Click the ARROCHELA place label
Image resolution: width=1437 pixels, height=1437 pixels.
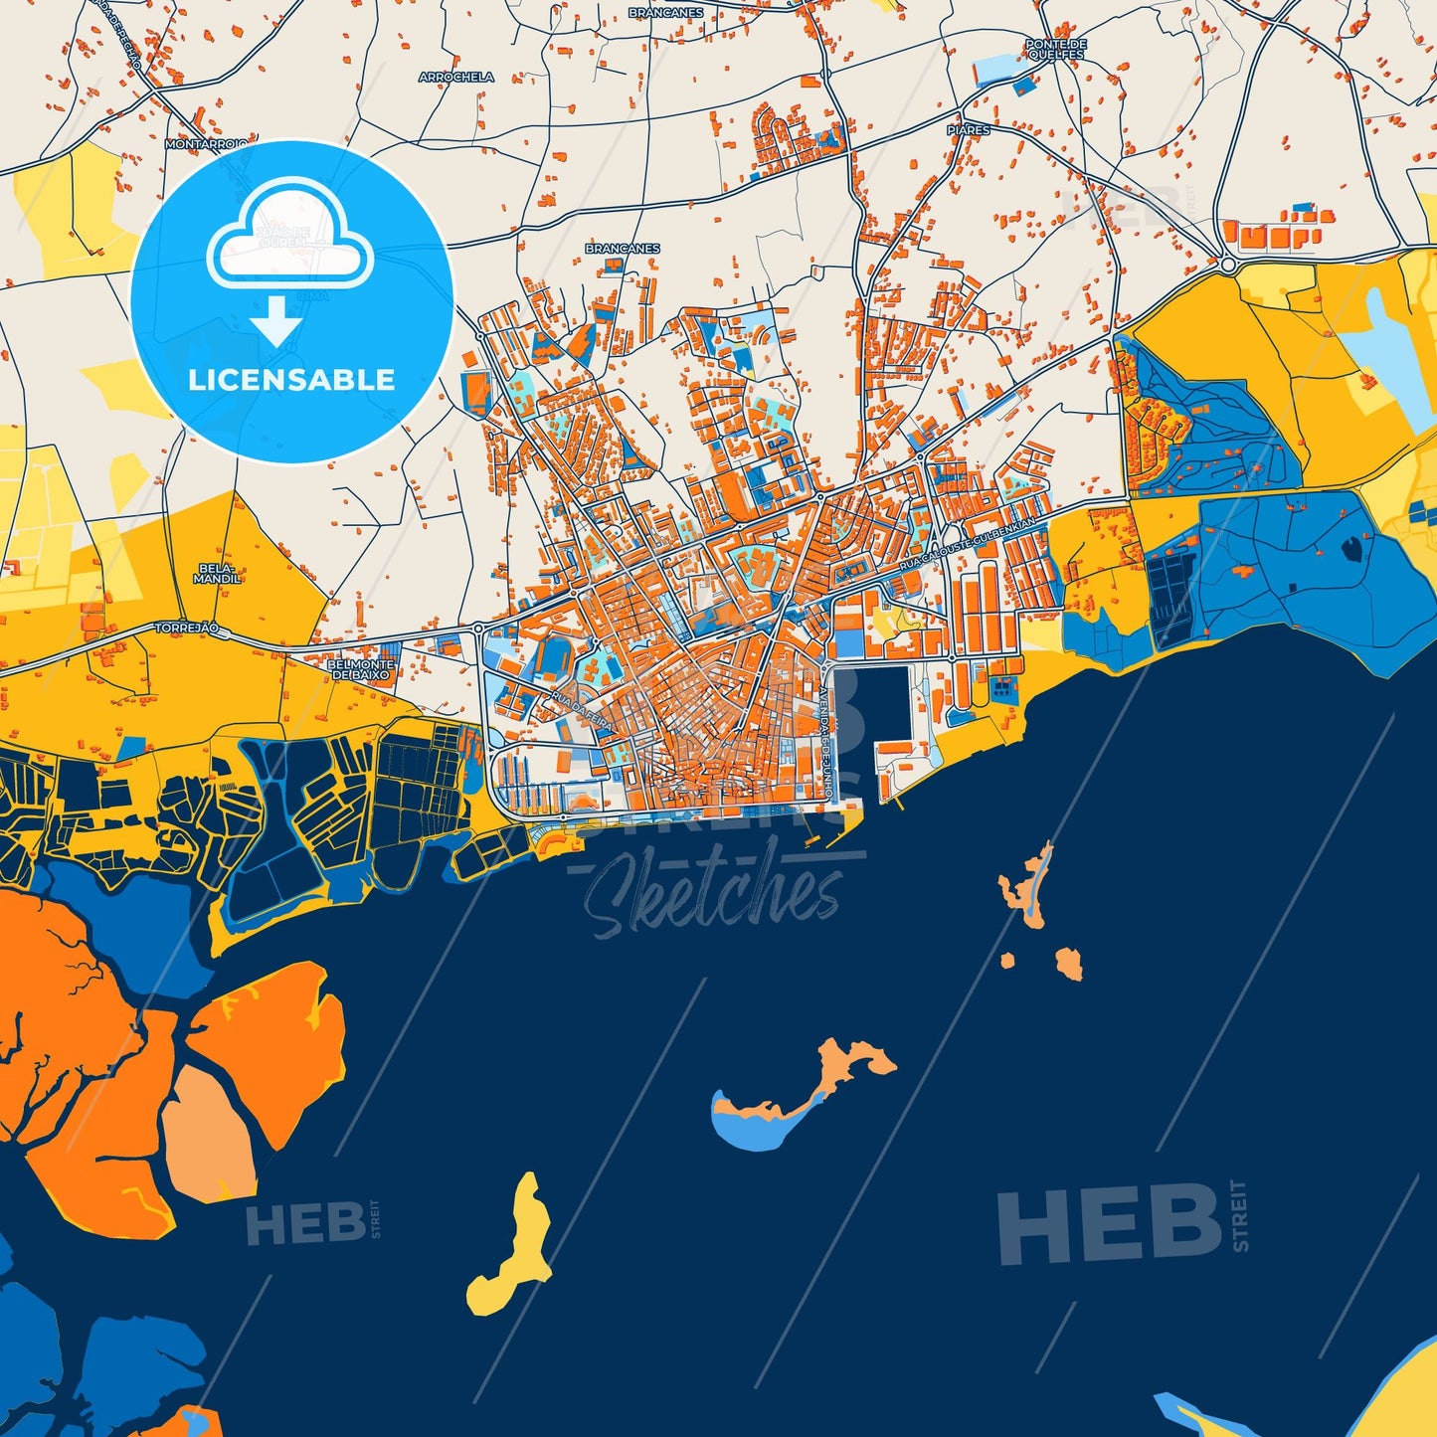(x=456, y=77)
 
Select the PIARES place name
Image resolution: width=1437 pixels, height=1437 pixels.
(x=968, y=130)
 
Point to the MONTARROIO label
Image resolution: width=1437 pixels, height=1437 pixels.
(x=206, y=143)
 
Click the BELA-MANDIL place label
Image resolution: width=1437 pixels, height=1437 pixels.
(x=217, y=574)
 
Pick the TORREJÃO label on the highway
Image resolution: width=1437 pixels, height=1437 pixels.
(x=186, y=629)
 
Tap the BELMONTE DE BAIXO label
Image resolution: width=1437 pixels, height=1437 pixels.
(x=361, y=668)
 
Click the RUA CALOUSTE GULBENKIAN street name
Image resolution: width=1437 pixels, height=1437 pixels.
(x=967, y=544)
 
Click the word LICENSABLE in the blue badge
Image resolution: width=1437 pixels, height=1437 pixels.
(x=291, y=380)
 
